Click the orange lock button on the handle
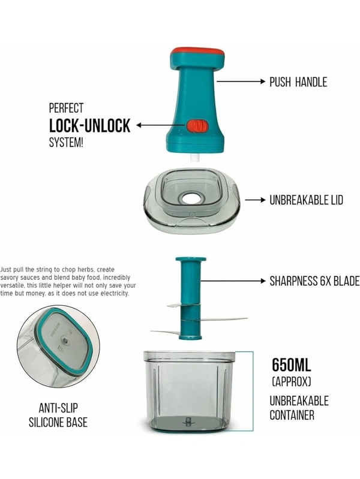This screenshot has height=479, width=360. coord(196,126)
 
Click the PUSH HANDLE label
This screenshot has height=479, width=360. coord(298,82)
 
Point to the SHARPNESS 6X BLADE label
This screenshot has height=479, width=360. coord(314,281)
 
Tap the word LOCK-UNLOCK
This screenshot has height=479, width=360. coord(89,126)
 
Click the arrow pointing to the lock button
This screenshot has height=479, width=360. coord(159,126)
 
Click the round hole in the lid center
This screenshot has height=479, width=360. coord(192,197)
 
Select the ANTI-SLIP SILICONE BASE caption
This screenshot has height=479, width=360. coord(58,415)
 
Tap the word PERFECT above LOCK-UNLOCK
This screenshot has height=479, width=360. coord(66,109)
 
